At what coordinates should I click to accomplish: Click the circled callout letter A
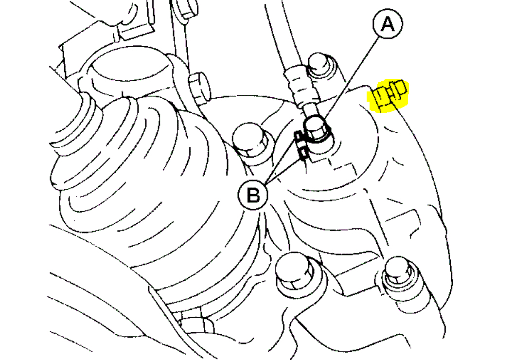click(x=388, y=24)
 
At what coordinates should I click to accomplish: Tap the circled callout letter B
click(x=253, y=196)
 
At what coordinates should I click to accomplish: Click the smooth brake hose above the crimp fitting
click(x=279, y=39)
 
